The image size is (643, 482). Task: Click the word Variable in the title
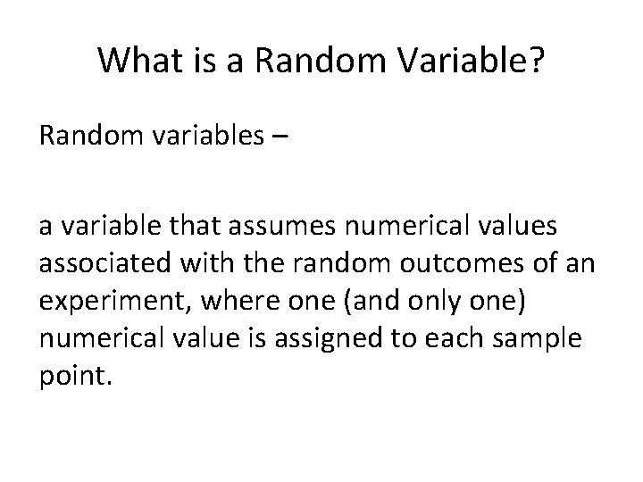tap(455, 61)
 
